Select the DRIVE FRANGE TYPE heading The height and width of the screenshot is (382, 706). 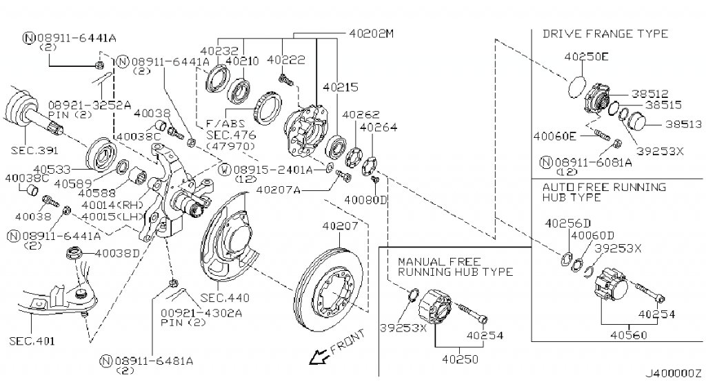tap(605, 33)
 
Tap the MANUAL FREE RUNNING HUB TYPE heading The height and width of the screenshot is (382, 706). tap(455, 267)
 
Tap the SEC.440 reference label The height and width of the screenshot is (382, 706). tap(225, 298)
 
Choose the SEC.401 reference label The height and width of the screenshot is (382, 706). tap(32, 341)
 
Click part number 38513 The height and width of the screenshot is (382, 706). tap(683, 124)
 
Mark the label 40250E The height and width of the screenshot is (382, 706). tap(586, 57)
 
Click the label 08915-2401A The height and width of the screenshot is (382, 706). tap(272, 169)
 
